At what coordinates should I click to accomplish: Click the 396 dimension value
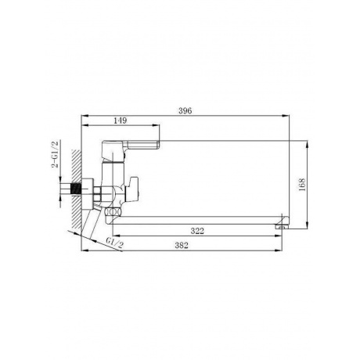185,111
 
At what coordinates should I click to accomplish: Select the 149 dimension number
121,121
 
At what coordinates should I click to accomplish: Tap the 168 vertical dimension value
302,185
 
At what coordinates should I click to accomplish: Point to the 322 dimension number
197,231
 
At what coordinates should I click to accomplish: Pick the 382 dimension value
182,246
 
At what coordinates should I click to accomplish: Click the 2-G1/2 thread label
55,154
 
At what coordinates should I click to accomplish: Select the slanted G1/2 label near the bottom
115,243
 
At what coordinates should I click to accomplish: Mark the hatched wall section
77,189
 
